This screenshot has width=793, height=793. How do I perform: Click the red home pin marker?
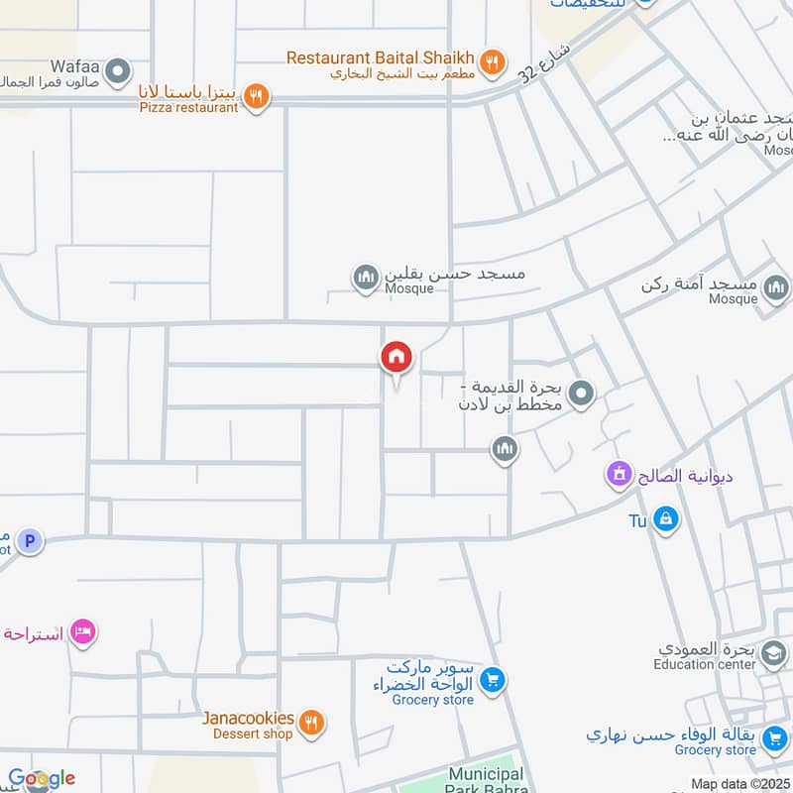click(x=396, y=357)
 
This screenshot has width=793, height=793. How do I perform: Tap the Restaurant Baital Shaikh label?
click(x=381, y=57)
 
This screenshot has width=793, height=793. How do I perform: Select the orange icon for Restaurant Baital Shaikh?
click(x=490, y=58)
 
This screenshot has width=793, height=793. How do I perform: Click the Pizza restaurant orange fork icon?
click(x=257, y=96)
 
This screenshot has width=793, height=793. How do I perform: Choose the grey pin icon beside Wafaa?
click(x=118, y=70)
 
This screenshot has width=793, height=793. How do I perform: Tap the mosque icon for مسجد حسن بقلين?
click(x=366, y=278)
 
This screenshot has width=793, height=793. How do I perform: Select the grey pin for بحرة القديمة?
click(x=582, y=395)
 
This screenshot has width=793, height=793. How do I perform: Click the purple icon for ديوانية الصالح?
click(x=620, y=475)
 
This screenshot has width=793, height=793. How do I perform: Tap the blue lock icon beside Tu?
click(x=665, y=518)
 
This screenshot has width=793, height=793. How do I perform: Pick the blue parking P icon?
click(x=30, y=541)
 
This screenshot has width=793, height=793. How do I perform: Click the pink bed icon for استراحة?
click(x=82, y=631)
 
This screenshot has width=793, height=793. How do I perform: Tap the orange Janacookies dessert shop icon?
click(x=311, y=724)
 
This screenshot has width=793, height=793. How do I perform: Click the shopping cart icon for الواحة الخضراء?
click(x=492, y=680)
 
